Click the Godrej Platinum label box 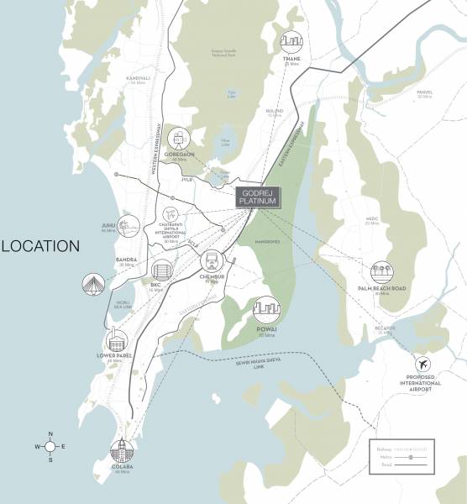click(259, 197)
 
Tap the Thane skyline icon click(291, 43)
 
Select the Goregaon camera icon click(178, 139)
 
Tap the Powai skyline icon click(266, 311)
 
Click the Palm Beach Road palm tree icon click(383, 273)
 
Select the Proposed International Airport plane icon click(423, 366)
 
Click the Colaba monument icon click(123, 450)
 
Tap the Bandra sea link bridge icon click(93, 285)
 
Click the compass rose click(50, 447)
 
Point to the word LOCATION click(39, 246)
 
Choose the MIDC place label click(372, 220)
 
